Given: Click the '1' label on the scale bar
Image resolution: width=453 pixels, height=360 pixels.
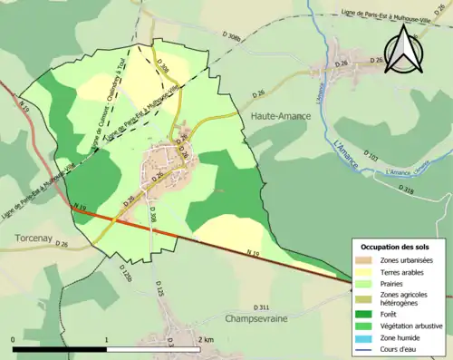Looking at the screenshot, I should click(x=107, y=339).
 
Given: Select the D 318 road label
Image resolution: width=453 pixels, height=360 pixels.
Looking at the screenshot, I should click(x=405, y=190).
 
